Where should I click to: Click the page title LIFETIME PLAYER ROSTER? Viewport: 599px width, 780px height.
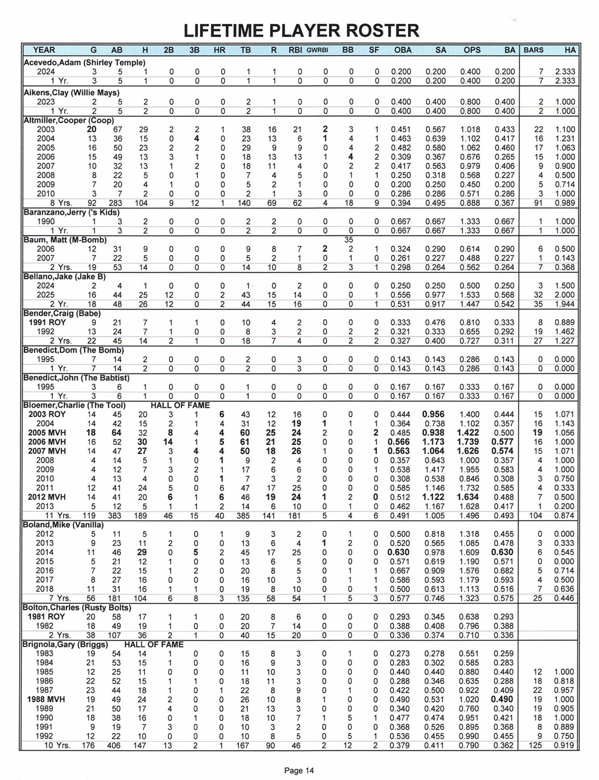click(301, 30)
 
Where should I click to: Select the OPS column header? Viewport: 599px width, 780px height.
click(471, 50)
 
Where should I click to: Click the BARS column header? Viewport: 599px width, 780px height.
click(533, 50)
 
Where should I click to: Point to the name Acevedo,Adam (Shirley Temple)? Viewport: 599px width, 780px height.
click(84, 62)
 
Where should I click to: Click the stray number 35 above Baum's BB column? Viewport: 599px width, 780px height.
click(349, 240)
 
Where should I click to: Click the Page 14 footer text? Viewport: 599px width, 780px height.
click(299, 770)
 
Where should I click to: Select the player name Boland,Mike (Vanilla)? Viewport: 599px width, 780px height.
click(63, 525)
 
